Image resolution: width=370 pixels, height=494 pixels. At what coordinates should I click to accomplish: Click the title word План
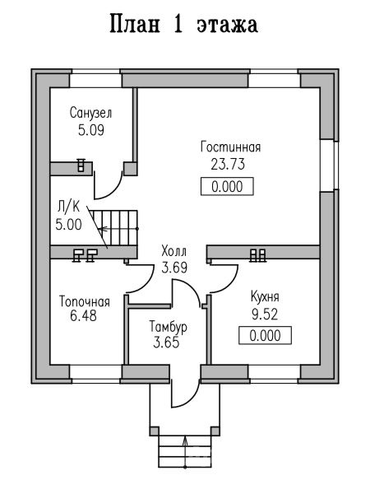point(135,25)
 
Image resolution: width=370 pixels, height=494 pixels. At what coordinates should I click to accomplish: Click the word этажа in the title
point(228,26)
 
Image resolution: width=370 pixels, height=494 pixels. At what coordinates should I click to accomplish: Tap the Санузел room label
point(90,113)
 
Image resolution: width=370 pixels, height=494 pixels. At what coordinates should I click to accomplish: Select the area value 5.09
point(91,130)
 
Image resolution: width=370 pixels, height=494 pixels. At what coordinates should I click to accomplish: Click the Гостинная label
point(230,147)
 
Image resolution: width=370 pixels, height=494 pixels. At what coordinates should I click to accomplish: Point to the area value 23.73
point(228,164)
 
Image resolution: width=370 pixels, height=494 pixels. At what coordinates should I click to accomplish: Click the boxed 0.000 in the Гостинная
point(227,187)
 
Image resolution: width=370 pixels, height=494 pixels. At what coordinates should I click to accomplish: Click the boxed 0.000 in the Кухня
point(266,336)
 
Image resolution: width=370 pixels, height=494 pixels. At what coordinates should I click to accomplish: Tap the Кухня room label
point(265,297)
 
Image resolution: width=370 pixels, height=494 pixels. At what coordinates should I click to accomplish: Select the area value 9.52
point(265,315)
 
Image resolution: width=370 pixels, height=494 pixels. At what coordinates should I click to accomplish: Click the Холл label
point(174,251)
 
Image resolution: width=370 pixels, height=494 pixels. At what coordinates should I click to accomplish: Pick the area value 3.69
point(174,268)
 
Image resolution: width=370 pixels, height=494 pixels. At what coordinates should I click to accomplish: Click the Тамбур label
point(168,326)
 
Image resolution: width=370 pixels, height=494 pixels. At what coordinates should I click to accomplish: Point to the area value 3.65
point(166,343)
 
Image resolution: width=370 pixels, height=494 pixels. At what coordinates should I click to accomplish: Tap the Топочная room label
point(85,301)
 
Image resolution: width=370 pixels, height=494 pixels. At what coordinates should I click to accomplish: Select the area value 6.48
point(83,316)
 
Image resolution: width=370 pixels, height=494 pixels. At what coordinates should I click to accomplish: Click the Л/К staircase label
point(68,207)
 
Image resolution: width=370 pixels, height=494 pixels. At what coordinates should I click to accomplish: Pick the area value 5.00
point(68,225)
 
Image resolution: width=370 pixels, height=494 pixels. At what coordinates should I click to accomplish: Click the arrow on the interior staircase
point(118,228)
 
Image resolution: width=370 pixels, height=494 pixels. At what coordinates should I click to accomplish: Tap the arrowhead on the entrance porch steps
point(185,441)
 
